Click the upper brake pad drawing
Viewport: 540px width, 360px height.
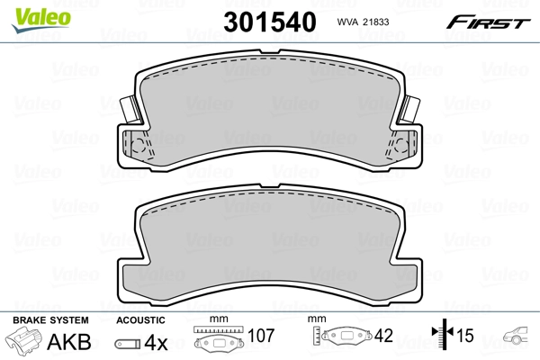[x=270, y=117]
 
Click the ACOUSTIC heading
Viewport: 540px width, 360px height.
[x=141, y=320]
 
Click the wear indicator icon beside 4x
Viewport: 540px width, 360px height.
[x=128, y=342]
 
